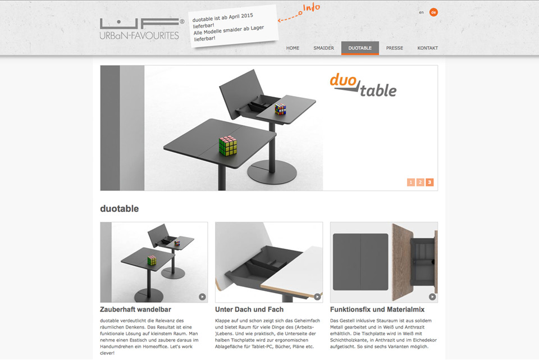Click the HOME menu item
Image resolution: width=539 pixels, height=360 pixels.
coord(293,48)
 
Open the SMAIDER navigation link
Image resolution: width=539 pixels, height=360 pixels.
coord(323,48)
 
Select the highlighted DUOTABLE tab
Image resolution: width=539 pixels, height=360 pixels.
coord(360,48)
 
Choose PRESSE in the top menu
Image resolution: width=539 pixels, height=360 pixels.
coord(394,48)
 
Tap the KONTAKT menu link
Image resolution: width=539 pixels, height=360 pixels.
coord(428,48)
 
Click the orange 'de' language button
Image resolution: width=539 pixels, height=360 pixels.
coord(433,12)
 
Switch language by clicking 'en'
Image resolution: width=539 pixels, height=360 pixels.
coord(421,12)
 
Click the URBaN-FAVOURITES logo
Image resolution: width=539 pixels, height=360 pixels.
coord(141,29)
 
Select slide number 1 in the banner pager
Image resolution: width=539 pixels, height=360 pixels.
coord(411,182)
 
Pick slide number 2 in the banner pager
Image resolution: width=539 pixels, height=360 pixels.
coord(420,182)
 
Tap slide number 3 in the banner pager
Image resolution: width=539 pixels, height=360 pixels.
coord(430,182)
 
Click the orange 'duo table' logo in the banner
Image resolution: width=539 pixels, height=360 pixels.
coord(363,85)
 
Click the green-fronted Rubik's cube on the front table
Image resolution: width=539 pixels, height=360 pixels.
coord(227,145)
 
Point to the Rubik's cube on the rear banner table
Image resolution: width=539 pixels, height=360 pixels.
coord(280,109)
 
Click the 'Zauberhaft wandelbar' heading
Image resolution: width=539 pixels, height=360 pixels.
coord(135,309)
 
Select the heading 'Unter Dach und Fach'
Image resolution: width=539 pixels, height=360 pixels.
coord(249,309)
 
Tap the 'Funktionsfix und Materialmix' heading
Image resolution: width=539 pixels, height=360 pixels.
coord(377,309)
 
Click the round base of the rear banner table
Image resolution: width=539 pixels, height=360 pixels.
coord(272,171)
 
